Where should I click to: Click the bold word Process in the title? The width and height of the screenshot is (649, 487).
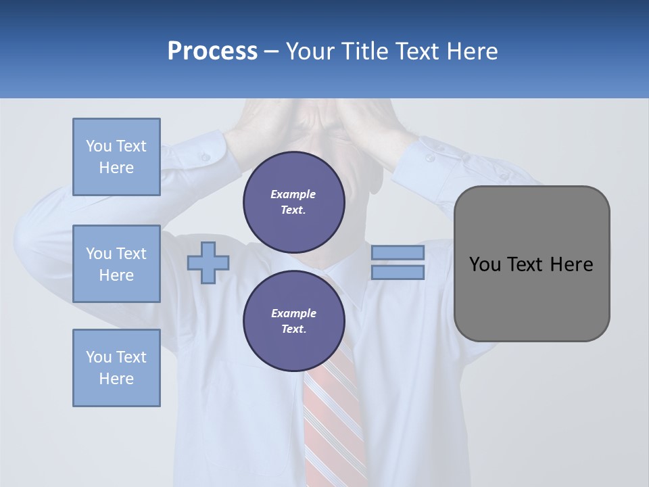click(x=212, y=51)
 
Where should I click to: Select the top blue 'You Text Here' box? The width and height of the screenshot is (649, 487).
click(x=116, y=157)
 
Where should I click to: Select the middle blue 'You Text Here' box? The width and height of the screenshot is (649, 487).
click(x=116, y=264)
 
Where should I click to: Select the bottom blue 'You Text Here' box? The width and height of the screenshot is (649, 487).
click(x=116, y=368)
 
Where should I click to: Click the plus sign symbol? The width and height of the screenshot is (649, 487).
click(x=208, y=262)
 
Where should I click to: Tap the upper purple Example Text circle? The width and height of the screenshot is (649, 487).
click(x=293, y=202)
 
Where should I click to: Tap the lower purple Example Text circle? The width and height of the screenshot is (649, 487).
click(x=293, y=321)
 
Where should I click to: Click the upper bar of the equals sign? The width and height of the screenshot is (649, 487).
click(x=398, y=253)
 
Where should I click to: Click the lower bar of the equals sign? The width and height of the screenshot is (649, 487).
click(x=398, y=273)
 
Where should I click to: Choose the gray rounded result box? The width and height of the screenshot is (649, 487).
click(x=531, y=298)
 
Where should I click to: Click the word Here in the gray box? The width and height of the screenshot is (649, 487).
click(x=571, y=264)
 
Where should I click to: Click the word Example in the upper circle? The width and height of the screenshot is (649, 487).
click(x=293, y=195)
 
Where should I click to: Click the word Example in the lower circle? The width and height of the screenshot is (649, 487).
click(x=293, y=314)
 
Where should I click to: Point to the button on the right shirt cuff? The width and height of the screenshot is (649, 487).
click(x=430, y=158)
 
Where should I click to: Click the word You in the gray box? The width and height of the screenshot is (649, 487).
click(x=484, y=264)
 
